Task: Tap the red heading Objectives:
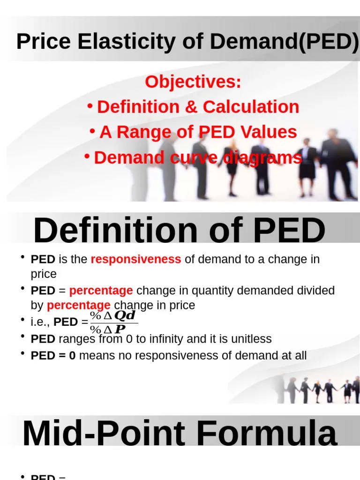click(193, 82)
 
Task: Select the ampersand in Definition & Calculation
click(191, 107)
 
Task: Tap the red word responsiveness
click(135, 259)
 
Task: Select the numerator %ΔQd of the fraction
click(113, 315)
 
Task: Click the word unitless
click(248, 339)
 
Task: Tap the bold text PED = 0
click(53, 356)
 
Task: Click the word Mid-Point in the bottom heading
click(103, 434)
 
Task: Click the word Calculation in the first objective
click(251, 107)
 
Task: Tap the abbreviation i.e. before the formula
click(40, 322)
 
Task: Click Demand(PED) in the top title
click(284, 42)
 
